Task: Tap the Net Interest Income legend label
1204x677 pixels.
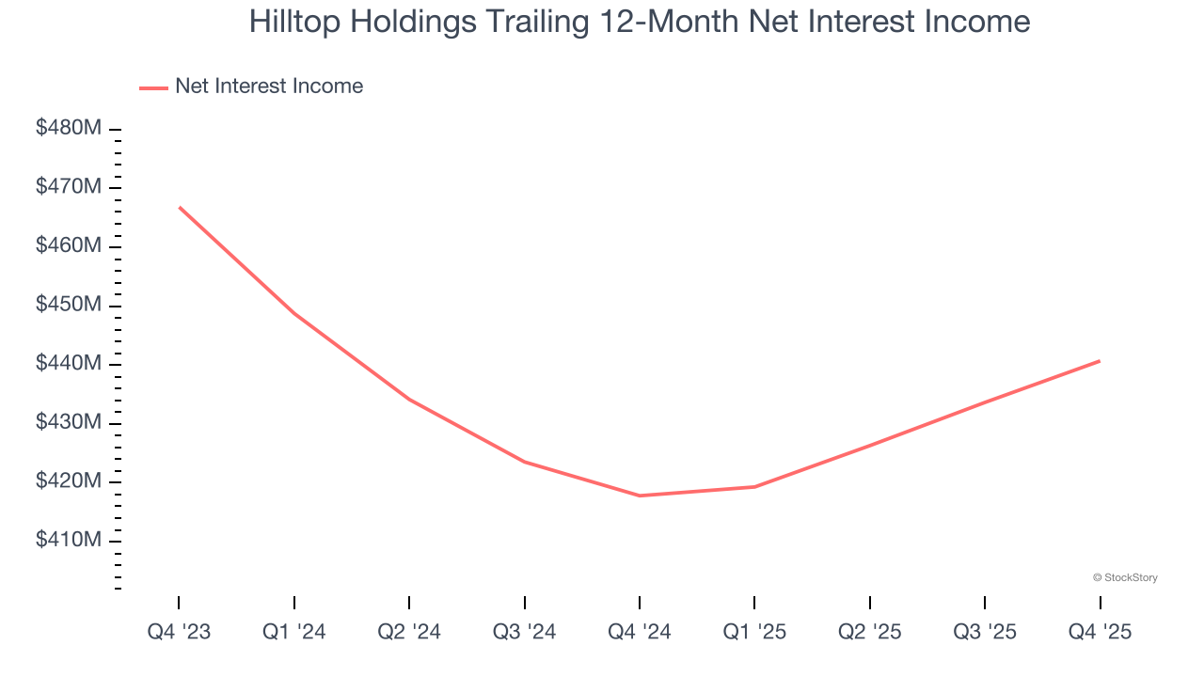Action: (268, 87)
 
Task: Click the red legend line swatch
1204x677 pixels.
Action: (153, 87)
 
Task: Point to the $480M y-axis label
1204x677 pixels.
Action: (68, 128)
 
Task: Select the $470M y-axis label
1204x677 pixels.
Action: (68, 187)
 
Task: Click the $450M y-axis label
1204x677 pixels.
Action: (68, 305)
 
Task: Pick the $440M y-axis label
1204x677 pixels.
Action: (68, 364)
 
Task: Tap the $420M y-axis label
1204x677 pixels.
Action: (68, 481)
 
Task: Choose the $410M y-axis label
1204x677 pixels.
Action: (68, 541)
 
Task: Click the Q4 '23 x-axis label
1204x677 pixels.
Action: (179, 632)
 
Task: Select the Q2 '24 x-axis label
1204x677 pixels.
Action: (409, 632)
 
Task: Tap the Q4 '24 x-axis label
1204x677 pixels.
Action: (640, 632)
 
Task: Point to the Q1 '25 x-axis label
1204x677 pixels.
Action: (754, 632)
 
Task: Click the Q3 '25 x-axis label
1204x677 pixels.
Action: (985, 632)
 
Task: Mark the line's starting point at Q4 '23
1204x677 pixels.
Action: (179, 207)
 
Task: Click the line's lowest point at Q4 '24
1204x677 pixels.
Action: (640, 496)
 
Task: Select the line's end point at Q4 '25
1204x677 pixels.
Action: (1100, 361)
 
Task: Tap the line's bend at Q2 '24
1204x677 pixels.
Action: (409, 400)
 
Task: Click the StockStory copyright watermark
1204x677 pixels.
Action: (1125, 577)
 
